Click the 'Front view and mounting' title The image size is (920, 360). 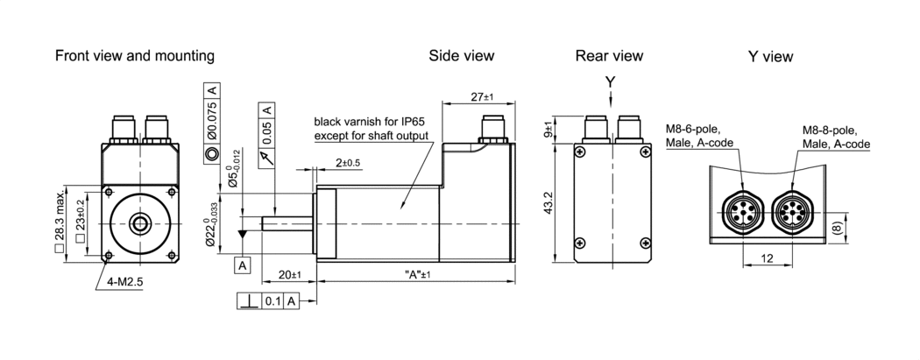click(x=134, y=56)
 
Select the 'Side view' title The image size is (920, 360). click(x=461, y=56)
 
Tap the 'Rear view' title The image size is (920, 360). click(x=609, y=56)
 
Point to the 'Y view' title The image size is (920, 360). click(x=770, y=57)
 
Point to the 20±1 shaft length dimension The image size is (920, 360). click(x=288, y=275)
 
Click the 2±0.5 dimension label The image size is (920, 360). click(x=348, y=164)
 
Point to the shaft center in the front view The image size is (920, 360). click(x=140, y=224)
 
